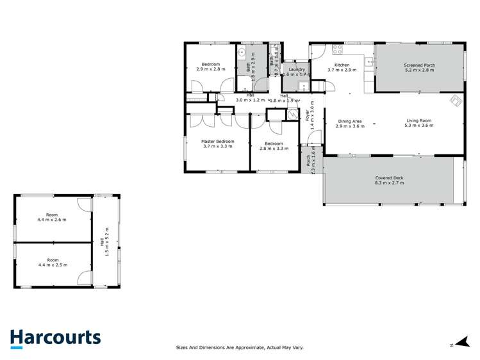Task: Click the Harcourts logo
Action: click(55, 338)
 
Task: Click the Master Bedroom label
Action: click(217, 141)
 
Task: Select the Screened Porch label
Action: click(419, 65)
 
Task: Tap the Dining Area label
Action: click(350, 121)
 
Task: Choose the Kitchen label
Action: click(342, 65)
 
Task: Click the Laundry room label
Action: click(296, 69)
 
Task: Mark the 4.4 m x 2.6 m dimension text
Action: click(52, 220)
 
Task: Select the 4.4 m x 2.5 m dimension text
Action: click(52, 265)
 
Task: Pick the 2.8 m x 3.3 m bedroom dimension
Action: click(271, 148)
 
